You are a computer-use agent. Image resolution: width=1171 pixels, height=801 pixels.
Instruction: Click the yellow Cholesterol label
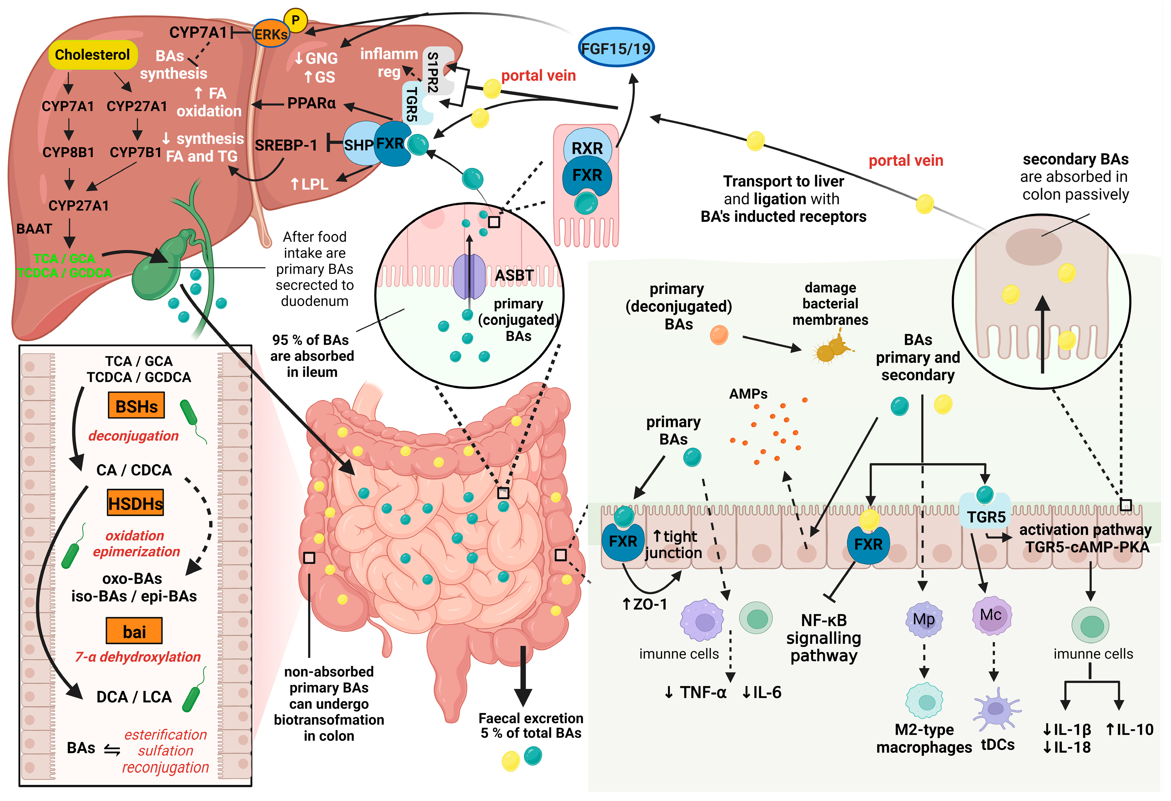click(x=92, y=54)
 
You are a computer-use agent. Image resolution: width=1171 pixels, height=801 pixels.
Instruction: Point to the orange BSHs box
click(x=136, y=406)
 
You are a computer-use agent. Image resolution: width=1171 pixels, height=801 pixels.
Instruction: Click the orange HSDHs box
click(x=135, y=503)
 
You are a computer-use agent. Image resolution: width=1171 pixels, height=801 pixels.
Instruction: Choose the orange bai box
click(x=134, y=631)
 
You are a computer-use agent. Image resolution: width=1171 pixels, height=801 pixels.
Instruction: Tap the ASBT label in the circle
click(x=514, y=275)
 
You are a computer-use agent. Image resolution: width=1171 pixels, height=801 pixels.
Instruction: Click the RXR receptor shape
click(x=587, y=148)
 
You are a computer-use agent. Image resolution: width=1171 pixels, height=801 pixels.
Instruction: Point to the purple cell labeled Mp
click(x=924, y=619)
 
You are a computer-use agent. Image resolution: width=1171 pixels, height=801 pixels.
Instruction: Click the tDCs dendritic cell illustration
click(x=996, y=709)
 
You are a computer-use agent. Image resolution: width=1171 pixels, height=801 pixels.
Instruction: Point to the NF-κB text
click(x=823, y=620)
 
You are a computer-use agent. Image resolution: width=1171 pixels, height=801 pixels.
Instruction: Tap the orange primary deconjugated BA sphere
click(x=719, y=334)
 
